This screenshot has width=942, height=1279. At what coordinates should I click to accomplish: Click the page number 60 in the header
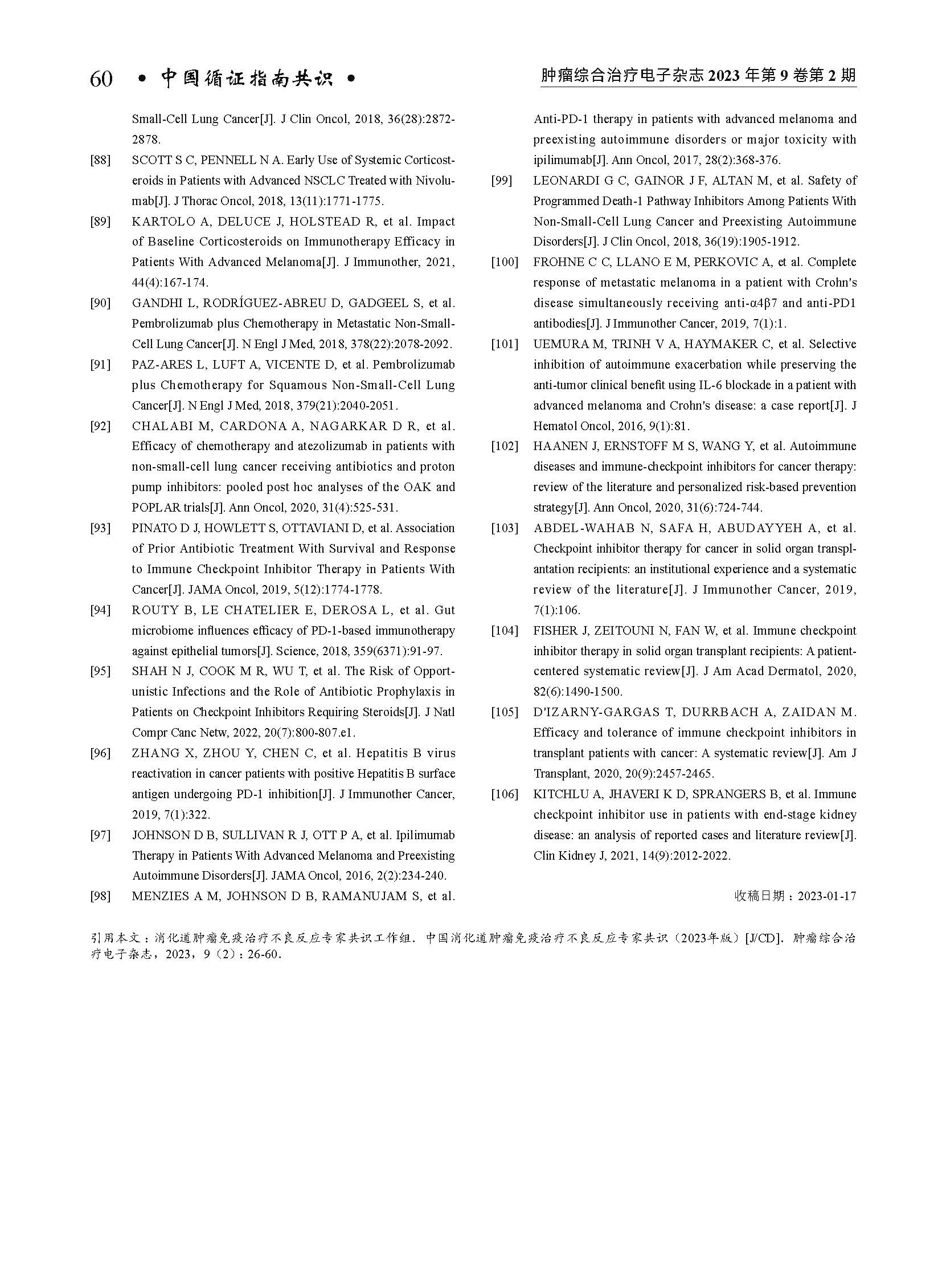[101, 79]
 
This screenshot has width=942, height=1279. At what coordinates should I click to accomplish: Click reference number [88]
[100, 160]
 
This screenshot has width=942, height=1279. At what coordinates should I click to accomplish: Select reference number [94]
[100, 610]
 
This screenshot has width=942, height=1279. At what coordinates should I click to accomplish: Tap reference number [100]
[505, 263]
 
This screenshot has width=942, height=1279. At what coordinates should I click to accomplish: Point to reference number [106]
[505, 794]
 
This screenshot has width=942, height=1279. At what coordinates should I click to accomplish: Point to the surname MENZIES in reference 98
[159, 896]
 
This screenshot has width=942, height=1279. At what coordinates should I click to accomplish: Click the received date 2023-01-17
[827, 896]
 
